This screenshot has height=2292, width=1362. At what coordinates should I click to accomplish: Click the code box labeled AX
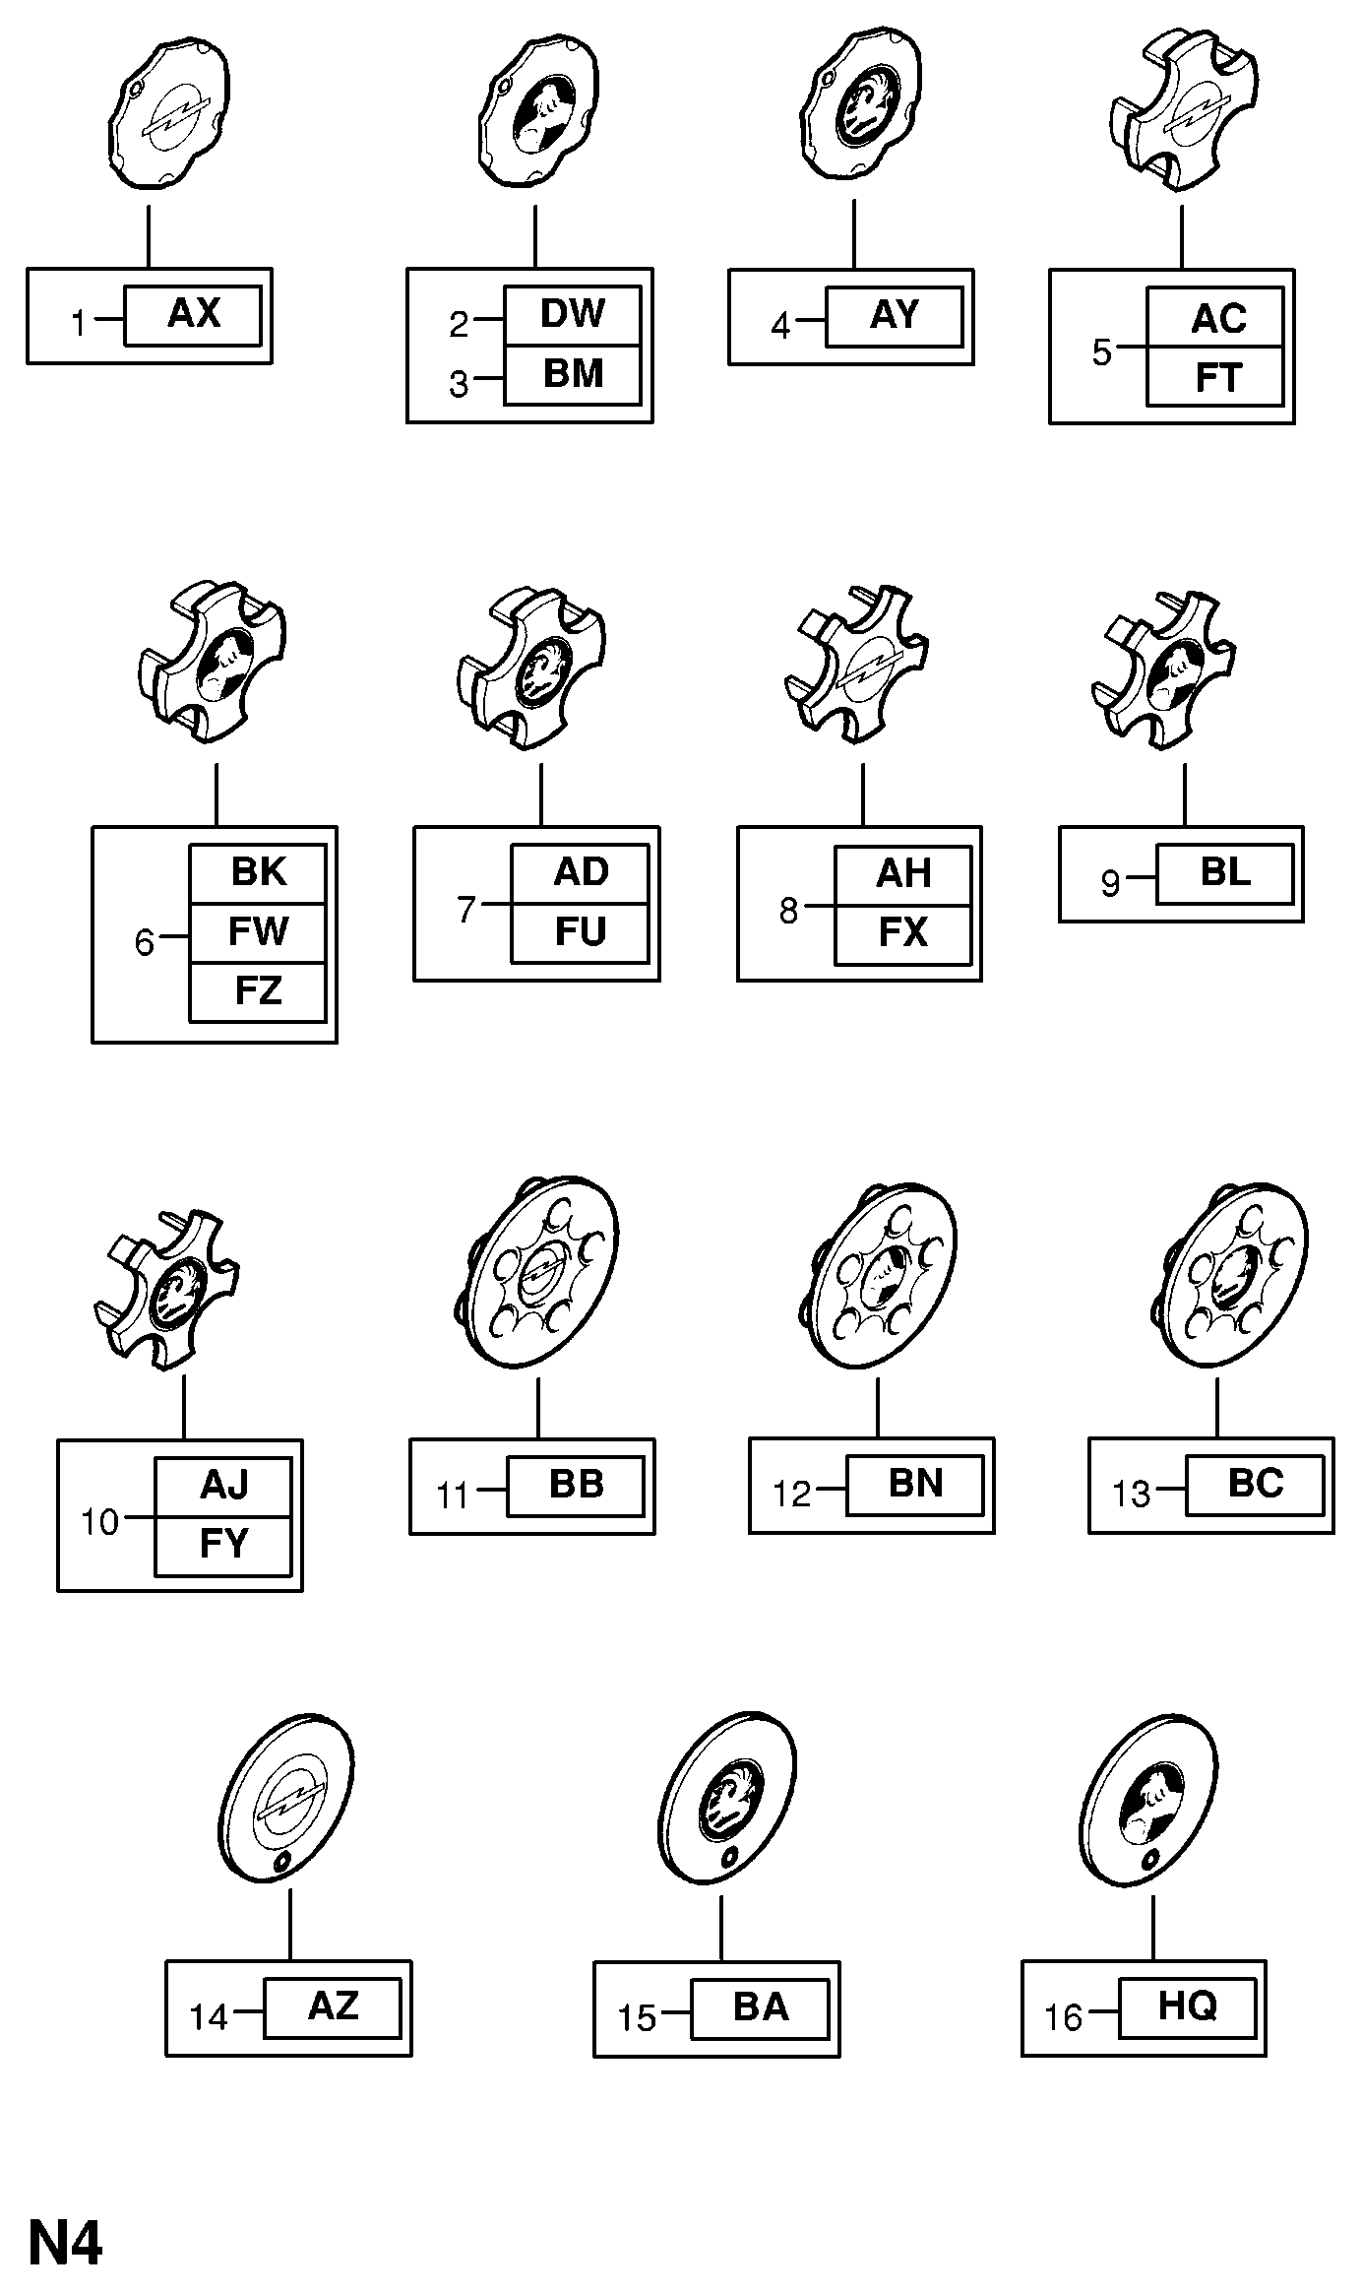coord(193,315)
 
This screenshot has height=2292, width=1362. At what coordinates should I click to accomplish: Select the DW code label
coord(572,315)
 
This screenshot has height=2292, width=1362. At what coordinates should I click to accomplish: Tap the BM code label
coord(572,375)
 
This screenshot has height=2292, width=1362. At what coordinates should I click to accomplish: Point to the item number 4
coord(780,325)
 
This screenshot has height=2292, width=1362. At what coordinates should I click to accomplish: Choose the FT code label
coord(1216,378)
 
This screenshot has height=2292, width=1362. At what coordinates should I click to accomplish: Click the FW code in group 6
coord(258,931)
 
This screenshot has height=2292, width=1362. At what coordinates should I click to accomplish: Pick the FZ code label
coord(258,991)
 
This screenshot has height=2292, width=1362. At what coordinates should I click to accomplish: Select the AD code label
coord(581,873)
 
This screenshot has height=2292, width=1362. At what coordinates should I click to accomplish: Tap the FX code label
coord(902,933)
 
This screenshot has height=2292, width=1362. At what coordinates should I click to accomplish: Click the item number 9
coord(1110,883)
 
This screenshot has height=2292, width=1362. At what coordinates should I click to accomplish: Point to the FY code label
coord(223,1544)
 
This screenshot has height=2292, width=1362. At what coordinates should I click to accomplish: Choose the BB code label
coord(576,1485)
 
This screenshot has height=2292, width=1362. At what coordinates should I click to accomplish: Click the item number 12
coord(791,1494)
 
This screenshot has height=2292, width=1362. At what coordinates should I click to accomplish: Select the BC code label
coord(1255,1484)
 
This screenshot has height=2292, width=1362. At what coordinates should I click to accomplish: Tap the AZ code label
coord(333,2005)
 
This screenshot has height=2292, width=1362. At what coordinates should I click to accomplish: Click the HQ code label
coord(1187,2005)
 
